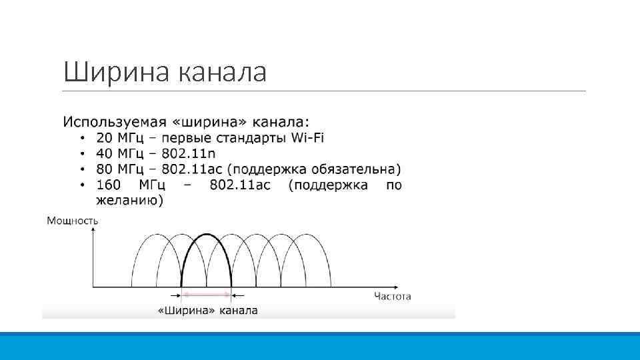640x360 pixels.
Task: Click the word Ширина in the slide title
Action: click(117, 72)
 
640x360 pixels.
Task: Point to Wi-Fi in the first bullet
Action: click(308, 138)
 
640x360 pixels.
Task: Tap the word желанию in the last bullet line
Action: click(129, 200)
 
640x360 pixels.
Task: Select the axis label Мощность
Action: click(73, 220)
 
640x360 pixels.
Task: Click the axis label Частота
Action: click(392, 297)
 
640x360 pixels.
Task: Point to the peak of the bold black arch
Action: click(206, 234)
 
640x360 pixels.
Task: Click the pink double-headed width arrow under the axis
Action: click(206, 294)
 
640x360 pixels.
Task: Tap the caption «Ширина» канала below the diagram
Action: click(207, 311)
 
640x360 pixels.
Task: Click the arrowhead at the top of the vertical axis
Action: click(93, 231)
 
